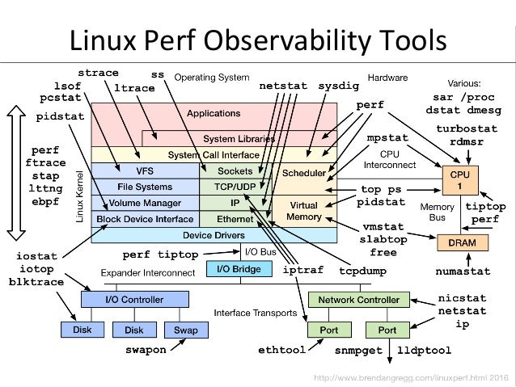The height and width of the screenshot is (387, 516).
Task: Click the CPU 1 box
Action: click(459, 179)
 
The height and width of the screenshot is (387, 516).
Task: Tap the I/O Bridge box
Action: click(235, 268)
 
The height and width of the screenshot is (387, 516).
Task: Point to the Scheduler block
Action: click(303, 173)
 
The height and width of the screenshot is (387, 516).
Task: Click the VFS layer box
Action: click(146, 170)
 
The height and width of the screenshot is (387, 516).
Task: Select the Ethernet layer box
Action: click(235, 218)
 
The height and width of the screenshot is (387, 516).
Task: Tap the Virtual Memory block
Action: click(303, 211)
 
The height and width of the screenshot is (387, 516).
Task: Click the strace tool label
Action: click(98, 74)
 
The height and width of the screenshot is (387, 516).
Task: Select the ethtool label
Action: click(281, 351)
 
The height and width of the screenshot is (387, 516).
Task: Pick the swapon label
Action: click(146, 351)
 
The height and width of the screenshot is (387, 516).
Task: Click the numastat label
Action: click(463, 271)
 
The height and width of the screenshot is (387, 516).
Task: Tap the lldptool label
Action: click(425, 351)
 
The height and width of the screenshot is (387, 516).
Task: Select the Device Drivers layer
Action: click(214, 235)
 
